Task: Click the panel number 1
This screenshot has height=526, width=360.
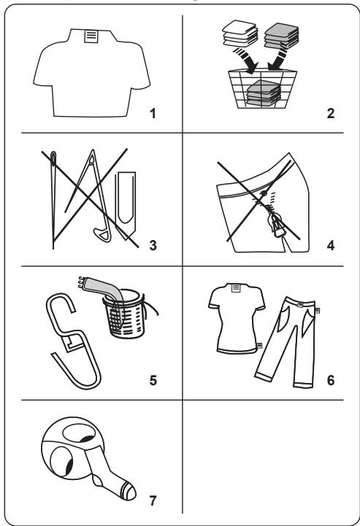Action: (153, 113)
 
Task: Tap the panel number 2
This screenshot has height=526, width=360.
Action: (331, 113)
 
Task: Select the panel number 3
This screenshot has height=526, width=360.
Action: (153, 245)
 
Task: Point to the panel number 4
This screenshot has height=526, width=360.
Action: (331, 245)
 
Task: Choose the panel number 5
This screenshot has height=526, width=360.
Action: (153, 380)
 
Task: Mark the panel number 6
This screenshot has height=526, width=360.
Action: (331, 380)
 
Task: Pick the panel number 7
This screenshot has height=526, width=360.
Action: (153, 500)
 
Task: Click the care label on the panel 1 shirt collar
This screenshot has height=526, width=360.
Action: (91, 36)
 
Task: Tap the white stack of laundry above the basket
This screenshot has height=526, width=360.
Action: (240, 34)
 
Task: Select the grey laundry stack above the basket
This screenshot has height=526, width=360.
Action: (281, 36)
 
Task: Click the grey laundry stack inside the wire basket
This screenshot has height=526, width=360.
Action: (264, 93)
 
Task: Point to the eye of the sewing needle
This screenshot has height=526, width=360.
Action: (53, 158)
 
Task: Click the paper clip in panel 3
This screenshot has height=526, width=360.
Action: (126, 206)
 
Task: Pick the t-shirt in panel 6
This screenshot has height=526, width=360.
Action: (237, 318)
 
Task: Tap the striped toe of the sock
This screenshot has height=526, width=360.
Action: (129, 492)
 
